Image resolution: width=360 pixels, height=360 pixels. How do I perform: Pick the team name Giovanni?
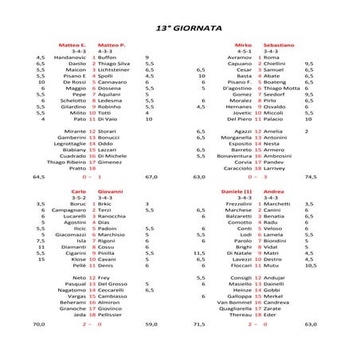point(110,193)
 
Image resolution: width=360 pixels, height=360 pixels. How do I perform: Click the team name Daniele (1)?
point(237,193)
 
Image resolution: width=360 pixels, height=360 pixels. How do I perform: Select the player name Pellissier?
point(112,315)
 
